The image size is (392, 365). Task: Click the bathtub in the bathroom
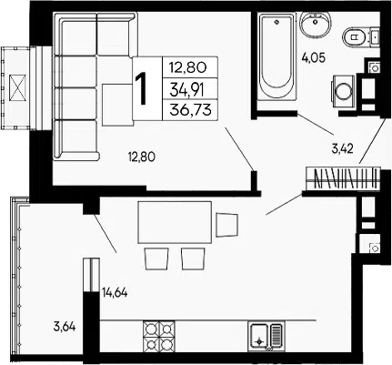(276, 56)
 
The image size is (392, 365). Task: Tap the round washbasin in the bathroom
(316, 23)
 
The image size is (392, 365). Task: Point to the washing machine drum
(344, 91)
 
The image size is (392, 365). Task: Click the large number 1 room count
(142, 89)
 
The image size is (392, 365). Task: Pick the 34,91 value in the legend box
(186, 90)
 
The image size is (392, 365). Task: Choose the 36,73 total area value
(190, 109)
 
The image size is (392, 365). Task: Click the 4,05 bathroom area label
(314, 57)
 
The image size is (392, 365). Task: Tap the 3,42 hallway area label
(342, 148)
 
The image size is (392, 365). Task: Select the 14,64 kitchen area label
(115, 293)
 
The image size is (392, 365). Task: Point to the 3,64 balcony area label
(65, 327)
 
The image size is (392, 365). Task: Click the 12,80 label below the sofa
(142, 157)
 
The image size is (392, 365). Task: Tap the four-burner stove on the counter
(159, 336)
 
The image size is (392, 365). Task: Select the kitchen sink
(266, 336)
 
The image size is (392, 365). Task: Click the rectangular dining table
(175, 222)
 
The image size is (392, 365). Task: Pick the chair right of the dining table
(226, 225)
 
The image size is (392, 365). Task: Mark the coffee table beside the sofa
(117, 105)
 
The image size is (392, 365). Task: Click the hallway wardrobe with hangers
(343, 178)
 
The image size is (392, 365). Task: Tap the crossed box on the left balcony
(18, 88)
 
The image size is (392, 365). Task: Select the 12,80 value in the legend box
(188, 67)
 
